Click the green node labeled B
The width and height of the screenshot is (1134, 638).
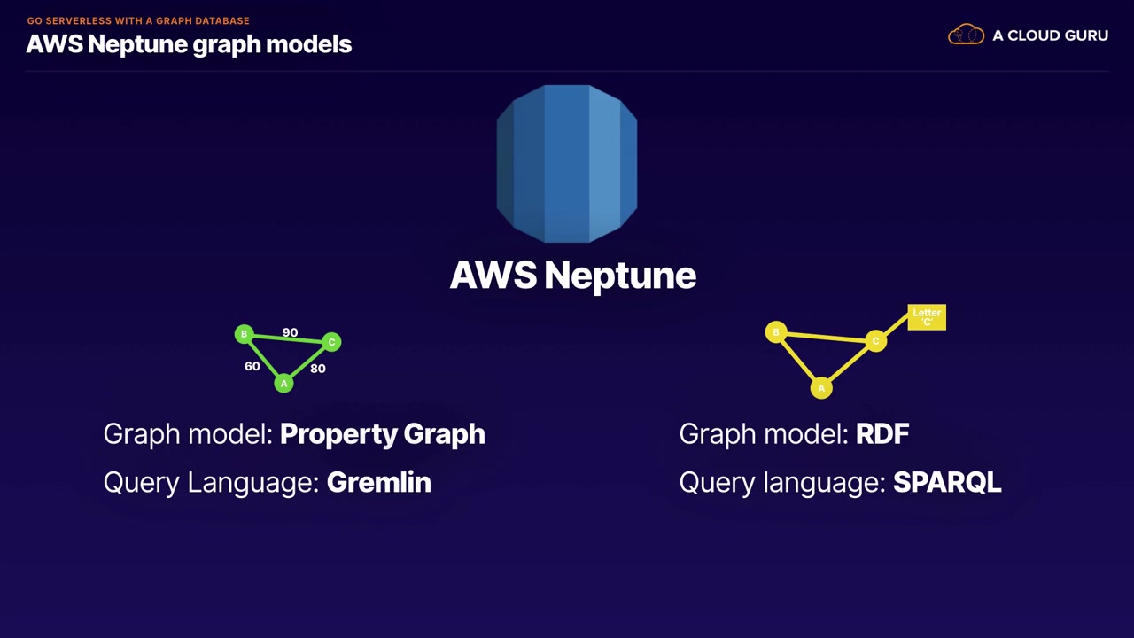pos(244,334)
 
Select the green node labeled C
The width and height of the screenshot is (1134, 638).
pos(331,342)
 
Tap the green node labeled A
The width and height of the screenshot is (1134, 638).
pos(284,384)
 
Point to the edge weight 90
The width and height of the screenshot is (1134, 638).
pos(290,332)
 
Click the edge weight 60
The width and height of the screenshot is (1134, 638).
pos(252,366)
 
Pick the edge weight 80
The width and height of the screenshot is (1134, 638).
pos(318,369)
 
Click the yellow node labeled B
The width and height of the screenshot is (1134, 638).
pos(776,332)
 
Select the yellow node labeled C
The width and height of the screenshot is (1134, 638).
pos(876,341)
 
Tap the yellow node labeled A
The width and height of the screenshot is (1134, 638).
pos(821,388)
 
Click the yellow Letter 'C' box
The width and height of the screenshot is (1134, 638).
pos(927,317)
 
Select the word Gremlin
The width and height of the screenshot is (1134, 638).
pos(379,482)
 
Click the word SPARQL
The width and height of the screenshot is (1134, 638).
pos(947,482)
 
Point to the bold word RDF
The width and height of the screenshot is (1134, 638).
pos(882,434)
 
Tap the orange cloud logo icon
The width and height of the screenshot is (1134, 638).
pos(966,35)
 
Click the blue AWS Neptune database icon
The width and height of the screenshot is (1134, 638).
pos(567,164)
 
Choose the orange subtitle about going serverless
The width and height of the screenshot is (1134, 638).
pos(138,20)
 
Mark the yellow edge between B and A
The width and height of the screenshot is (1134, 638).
pos(799,361)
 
